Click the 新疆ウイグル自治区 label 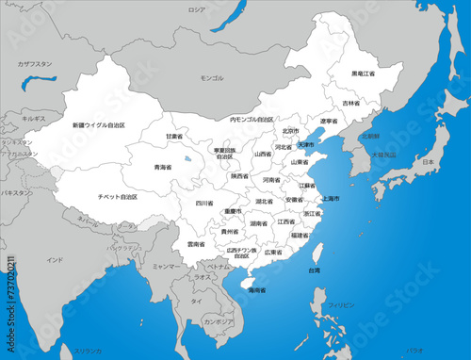98,125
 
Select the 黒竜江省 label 363,74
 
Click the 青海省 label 163,167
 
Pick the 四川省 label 204,203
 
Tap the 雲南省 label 197,244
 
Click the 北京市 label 290,132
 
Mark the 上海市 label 331,199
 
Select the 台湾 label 314,270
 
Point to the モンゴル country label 212,78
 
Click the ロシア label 222,9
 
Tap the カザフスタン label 34,64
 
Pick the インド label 55,259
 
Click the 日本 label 428,162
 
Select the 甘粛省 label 174,137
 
